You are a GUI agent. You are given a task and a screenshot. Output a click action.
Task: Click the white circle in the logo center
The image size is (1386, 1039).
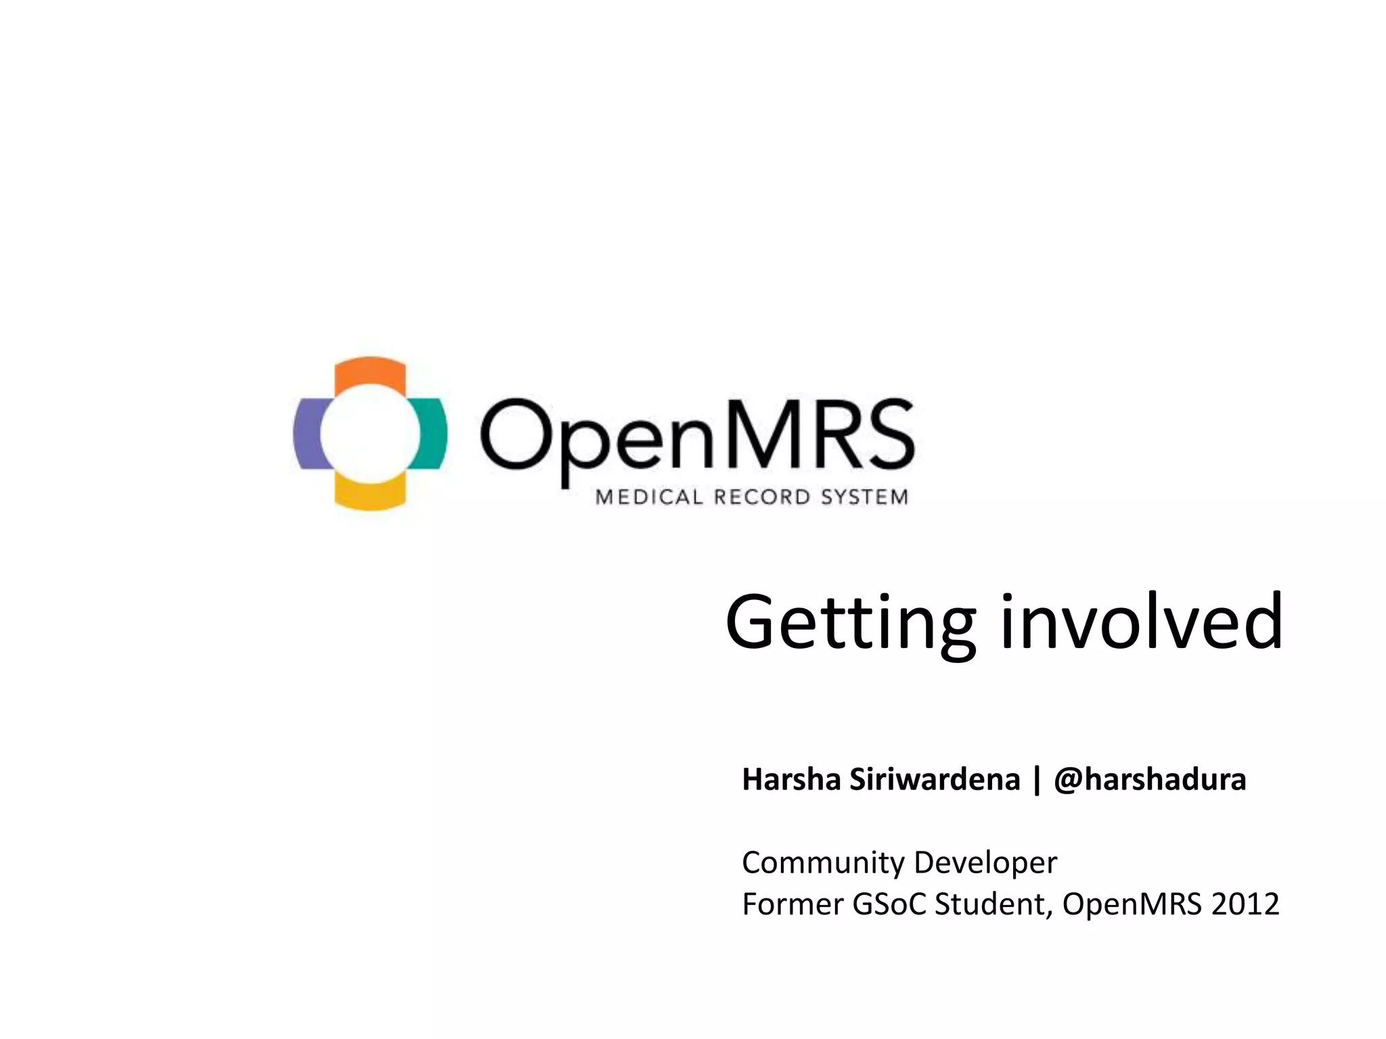(370, 434)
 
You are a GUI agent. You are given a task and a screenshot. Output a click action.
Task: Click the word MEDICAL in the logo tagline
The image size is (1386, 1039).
(640, 498)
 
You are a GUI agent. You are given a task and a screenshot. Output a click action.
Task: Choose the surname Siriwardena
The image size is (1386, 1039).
(935, 779)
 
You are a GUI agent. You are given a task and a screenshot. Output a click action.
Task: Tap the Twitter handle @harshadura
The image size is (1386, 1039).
(1150, 779)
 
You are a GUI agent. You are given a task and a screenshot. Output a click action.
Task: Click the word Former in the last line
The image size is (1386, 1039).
(792, 904)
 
